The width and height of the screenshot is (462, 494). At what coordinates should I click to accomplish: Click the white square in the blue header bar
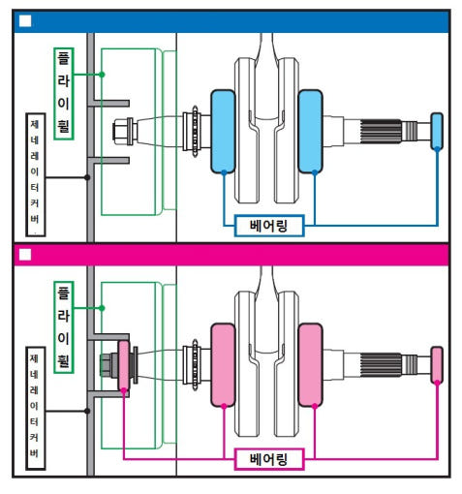[x=25, y=21]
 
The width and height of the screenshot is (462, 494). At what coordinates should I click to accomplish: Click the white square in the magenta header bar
[x=25, y=255]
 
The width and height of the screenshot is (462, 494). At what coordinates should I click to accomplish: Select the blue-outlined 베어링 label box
[x=269, y=226]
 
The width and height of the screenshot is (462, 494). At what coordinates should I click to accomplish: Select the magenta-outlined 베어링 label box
[x=269, y=459]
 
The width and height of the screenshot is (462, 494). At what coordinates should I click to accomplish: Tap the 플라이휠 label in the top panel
[x=64, y=94]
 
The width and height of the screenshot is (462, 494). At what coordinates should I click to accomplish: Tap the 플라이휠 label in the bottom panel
[x=64, y=327]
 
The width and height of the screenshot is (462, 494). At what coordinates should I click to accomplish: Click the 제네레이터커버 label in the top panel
[x=36, y=174]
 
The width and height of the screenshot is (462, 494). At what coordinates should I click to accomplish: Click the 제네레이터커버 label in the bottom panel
[x=36, y=408]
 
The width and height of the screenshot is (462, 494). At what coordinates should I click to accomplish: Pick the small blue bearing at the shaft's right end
[x=437, y=132]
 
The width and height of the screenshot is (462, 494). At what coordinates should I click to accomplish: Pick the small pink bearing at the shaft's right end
[x=437, y=365]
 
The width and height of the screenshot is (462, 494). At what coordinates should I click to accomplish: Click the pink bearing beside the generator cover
[x=124, y=365]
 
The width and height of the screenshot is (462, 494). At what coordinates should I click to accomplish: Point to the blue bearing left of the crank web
[x=223, y=132]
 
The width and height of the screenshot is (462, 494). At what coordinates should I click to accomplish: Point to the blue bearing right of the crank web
[x=310, y=132]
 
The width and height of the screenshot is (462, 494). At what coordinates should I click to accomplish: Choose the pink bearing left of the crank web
[x=223, y=365]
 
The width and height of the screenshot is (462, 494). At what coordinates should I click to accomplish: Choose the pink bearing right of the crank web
[x=310, y=365]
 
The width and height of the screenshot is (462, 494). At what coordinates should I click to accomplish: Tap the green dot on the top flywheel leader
[x=102, y=75]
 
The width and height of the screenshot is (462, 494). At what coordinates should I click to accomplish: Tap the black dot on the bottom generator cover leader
[x=87, y=411]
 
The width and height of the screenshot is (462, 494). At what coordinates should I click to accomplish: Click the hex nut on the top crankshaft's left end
[x=119, y=132]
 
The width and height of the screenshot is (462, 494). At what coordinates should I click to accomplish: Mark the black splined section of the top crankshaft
[x=381, y=132]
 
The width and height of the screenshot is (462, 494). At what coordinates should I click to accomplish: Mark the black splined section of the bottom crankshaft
[x=381, y=365]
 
